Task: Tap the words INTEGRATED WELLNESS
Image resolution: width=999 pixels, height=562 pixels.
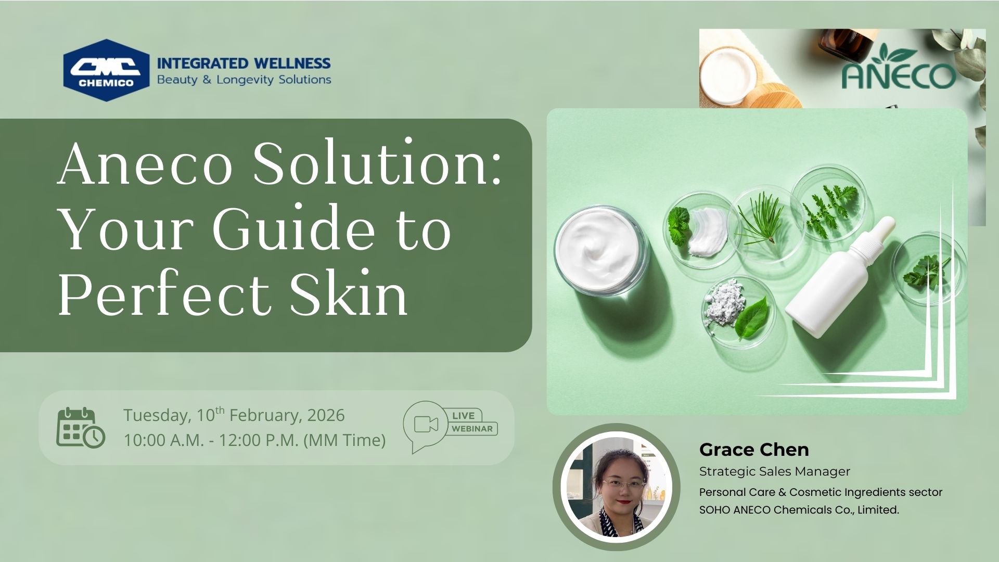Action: (244, 63)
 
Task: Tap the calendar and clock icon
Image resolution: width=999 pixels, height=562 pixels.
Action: (81, 428)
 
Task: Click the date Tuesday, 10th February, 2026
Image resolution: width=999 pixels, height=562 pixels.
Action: (234, 415)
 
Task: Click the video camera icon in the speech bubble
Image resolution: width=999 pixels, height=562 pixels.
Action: (426, 424)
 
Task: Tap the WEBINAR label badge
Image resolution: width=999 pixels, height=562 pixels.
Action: (472, 429)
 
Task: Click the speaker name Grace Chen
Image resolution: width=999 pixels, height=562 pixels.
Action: (754, 449)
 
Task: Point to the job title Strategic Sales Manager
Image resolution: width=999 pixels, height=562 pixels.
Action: (774, 471)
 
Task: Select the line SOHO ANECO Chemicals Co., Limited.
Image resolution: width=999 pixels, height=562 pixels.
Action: (799, 510)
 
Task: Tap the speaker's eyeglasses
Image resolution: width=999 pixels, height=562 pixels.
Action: (623, 483)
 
